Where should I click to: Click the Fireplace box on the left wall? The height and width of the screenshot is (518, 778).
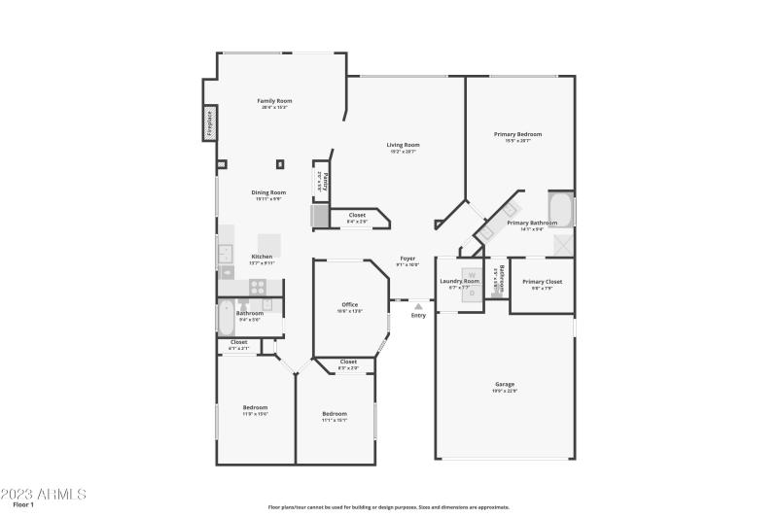pos(208,124)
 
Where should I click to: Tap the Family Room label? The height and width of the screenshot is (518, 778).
pos(274,101)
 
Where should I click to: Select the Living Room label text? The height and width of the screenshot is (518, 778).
pos(403,146)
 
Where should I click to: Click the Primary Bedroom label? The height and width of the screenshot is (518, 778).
pos(517,134)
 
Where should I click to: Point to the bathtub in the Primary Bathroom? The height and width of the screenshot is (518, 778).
pos(561,209)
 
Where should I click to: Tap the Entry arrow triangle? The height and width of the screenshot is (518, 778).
pos(418,305)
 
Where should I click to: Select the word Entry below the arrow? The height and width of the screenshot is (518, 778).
pos(418,315)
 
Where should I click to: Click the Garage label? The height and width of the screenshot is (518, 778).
pos(504,384)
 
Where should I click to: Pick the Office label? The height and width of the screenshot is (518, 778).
pos(349,305)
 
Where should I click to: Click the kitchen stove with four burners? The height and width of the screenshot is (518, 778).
pos(259,287)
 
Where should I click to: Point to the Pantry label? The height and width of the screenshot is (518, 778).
pos(325,181)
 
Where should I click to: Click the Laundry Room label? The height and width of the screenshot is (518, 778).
pos(459,281)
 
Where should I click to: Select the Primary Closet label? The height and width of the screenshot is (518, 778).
pos(542,282)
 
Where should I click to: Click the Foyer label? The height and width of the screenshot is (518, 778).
pos(408,259)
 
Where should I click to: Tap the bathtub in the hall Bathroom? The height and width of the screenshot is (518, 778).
pos(227,318)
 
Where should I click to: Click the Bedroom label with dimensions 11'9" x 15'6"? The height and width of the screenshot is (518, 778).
pos(255,407)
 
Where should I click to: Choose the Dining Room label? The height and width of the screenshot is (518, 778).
pos(268,192)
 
